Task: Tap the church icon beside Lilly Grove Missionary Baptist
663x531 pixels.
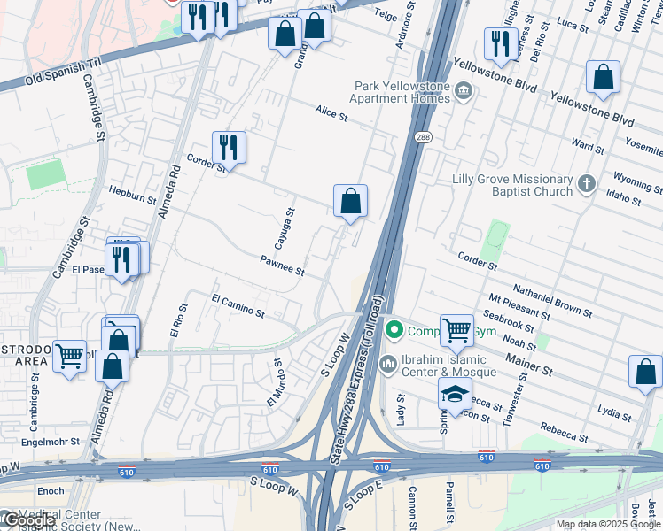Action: [x=585, y=184]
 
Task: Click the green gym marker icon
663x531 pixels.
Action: [x=394, y=332]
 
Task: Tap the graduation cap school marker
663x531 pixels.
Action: [x=455, y=395]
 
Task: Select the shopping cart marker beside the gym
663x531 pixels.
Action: [x=456, y=330]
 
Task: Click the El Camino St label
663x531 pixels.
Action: [x=238, y=306]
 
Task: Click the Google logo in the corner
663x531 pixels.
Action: [x=29, y=520]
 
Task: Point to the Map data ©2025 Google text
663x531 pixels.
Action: [x=608, y=524]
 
